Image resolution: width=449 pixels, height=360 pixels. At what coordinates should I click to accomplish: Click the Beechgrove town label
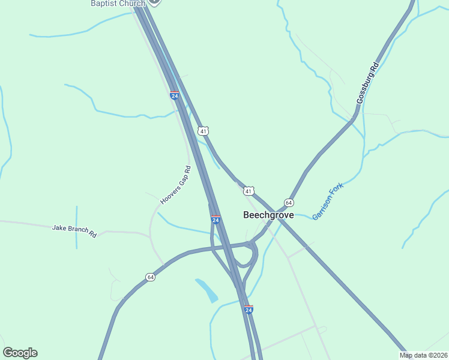click(x=268, y=215)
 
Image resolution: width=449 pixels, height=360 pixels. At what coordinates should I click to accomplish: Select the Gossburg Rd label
click(x=368, y=83)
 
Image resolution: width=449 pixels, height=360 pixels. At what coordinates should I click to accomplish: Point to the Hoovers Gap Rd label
click(x=175, y=187)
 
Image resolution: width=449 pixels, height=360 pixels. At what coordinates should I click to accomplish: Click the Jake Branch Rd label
click(x=74, y=230)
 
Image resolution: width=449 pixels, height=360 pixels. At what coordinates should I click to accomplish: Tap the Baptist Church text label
click(x=118, y=4)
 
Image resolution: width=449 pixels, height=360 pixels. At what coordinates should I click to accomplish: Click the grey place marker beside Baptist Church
click(x=154, y=2)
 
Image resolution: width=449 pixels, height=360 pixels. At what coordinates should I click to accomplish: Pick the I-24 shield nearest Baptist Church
click(x=174, y=95)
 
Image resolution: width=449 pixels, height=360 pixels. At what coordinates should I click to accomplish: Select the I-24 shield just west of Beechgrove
click(x=215, y=220)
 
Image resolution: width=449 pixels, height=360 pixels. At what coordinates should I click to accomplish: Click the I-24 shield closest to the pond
click(x=249, y=310)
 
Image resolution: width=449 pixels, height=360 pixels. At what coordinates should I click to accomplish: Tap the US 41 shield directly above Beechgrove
click(x=248, y=191)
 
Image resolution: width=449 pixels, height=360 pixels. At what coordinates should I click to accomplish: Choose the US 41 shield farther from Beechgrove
click(x=204, y=131)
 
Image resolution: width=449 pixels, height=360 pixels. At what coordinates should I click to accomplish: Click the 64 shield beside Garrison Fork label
click(x=289, y=203)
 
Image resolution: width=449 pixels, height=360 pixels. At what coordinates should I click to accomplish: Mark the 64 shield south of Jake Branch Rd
click(x=150, y=277)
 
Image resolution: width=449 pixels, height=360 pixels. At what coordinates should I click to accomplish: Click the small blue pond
click(x=207, y=290)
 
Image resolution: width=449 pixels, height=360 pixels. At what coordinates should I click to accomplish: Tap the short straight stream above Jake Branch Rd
click(x=77, y=227)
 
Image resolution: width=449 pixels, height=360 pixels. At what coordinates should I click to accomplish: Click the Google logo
click(x=20, y=353)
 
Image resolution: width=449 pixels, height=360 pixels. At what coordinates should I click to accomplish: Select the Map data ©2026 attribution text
click(x=424, y=355)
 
